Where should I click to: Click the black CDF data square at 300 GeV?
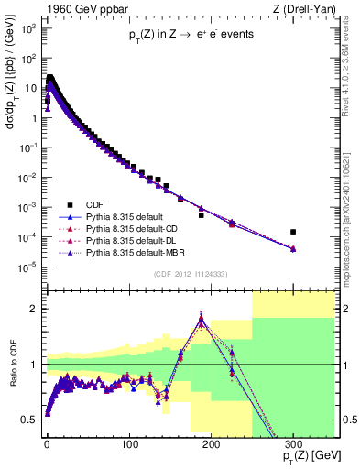[293, 232]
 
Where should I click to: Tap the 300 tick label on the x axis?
[293, 442]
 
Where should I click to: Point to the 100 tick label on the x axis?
[129, 442]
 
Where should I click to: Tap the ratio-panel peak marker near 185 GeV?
[201, 320]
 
